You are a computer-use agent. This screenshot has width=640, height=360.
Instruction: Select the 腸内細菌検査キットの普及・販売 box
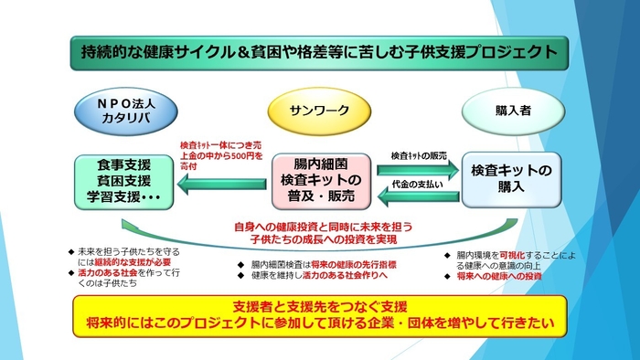318,182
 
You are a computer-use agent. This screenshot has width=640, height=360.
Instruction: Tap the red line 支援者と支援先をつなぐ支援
320,305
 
